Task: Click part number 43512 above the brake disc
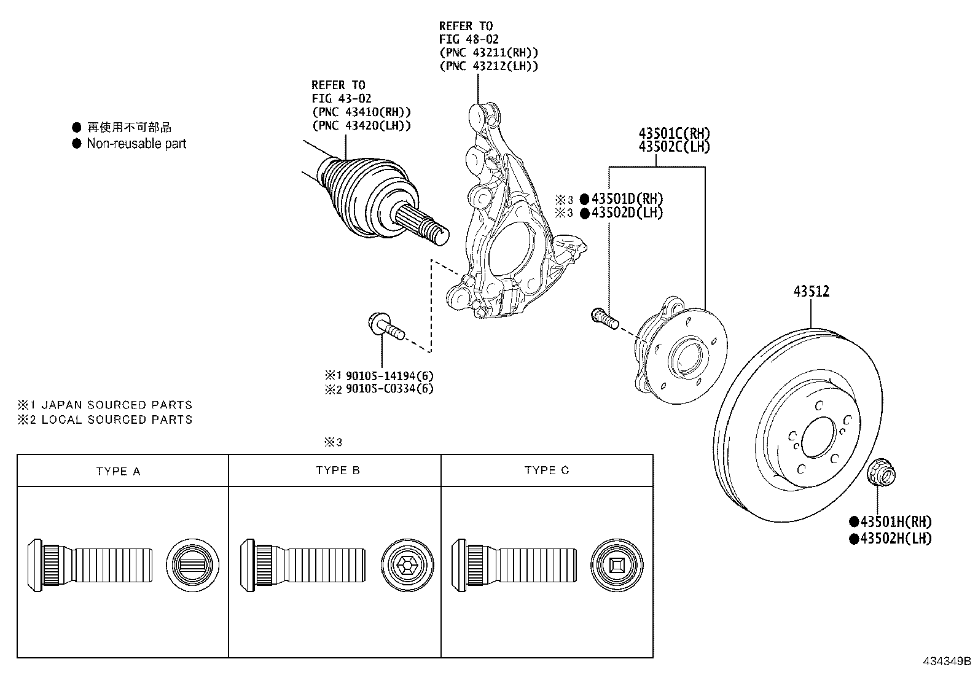(x=811, y=291)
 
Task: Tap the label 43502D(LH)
(x=627, y=213)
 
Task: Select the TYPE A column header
(x=118, y=471)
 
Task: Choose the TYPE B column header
(x=338, y=470)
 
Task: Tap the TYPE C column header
(x=547, y=470)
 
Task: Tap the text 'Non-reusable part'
(x=136, y=144)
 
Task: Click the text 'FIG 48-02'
(x=469, y=39)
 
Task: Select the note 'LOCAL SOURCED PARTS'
(x=116, y=419)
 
